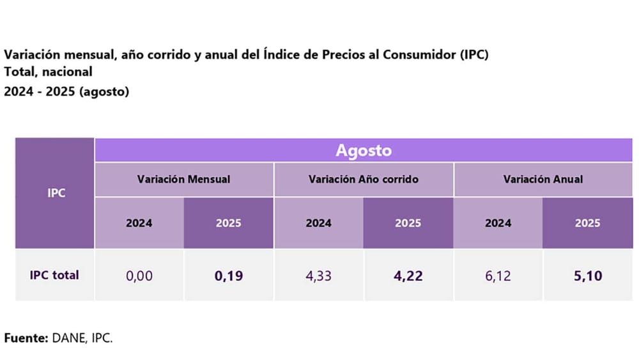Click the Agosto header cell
(x=364, y=151)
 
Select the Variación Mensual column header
(x=184, y=179)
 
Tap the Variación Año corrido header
(x=364, y=179)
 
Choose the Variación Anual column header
(x=543, y=179)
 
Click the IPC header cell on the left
(x=56, y=192)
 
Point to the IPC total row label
(x=55, y=275)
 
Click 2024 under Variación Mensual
(x=139, y=223)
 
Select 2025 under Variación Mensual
(x=229, y=223)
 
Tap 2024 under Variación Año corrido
(x=319, y=223)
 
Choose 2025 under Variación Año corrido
(x=408, y=223)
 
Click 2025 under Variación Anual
(x=588, y=223)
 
